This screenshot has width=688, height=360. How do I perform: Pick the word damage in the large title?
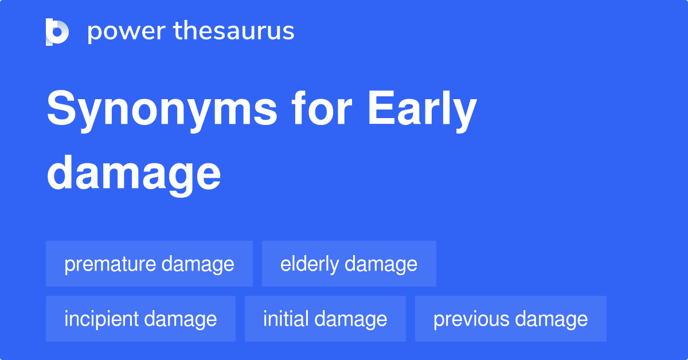[133, 174]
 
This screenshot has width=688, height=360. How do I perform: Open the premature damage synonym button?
[149, 264]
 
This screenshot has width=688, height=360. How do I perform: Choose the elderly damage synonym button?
[349, 264]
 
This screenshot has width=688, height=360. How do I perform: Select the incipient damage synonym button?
[140, 319]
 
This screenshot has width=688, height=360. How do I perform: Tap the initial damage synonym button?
[325, 319]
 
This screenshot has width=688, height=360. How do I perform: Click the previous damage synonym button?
[510, 319]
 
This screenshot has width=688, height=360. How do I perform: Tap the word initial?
[286, 319]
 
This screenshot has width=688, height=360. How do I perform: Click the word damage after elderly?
[381, 265]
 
